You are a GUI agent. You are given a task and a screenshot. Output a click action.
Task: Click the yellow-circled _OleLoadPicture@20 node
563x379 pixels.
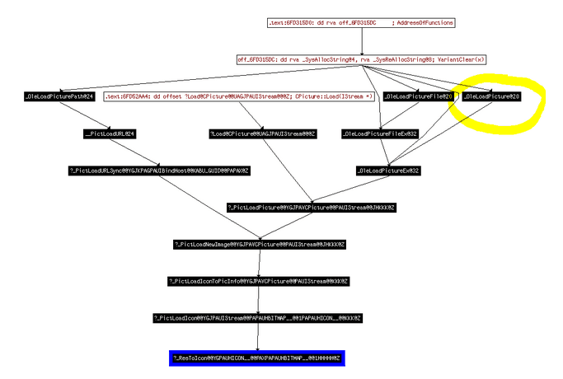click(492, 97)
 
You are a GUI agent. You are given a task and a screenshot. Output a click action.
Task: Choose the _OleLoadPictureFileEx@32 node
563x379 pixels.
click(380, 133)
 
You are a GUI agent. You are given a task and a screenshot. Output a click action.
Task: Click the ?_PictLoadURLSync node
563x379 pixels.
click(158, 171)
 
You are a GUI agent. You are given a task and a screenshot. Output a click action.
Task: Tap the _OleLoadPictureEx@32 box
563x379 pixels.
click(388, 171)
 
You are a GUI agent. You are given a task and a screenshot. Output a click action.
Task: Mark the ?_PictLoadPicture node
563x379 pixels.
click(312, 208)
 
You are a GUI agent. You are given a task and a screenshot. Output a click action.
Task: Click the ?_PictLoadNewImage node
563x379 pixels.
click(259, 245)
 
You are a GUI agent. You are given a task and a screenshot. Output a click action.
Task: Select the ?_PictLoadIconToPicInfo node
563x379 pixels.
click(259, 282)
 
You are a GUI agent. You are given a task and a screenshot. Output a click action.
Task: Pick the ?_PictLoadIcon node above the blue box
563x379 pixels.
click(258, 318)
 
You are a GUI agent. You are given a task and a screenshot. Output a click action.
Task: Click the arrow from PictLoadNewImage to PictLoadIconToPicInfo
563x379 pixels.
click(259, 264)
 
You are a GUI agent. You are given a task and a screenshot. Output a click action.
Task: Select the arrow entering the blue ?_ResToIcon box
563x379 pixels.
click(258, 338)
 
